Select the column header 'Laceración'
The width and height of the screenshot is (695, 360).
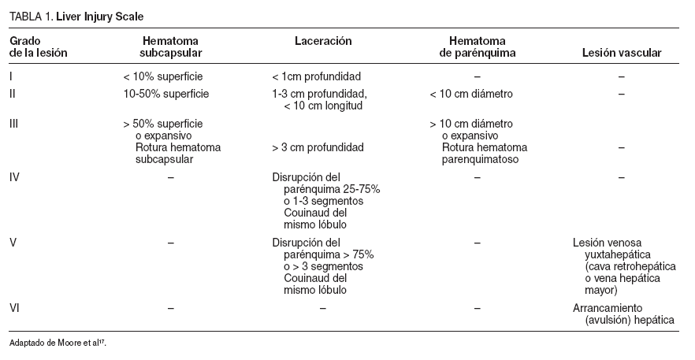(323, 40)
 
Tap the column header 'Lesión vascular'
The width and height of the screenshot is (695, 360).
(621, 54)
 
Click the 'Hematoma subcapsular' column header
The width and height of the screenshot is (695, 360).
(170, 46)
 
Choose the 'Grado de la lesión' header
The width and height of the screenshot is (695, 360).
(39, 46)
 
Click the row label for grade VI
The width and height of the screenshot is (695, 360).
(14, 307)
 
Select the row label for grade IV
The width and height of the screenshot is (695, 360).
(14, 177)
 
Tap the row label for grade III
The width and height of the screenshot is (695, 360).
(15, 124)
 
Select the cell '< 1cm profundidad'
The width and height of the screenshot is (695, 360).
(316, 77)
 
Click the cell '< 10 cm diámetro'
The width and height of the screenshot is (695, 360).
(471, 95)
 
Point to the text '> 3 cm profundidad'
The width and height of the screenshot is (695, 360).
(318, 147)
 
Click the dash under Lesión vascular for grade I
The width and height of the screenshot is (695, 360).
(621, 77)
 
